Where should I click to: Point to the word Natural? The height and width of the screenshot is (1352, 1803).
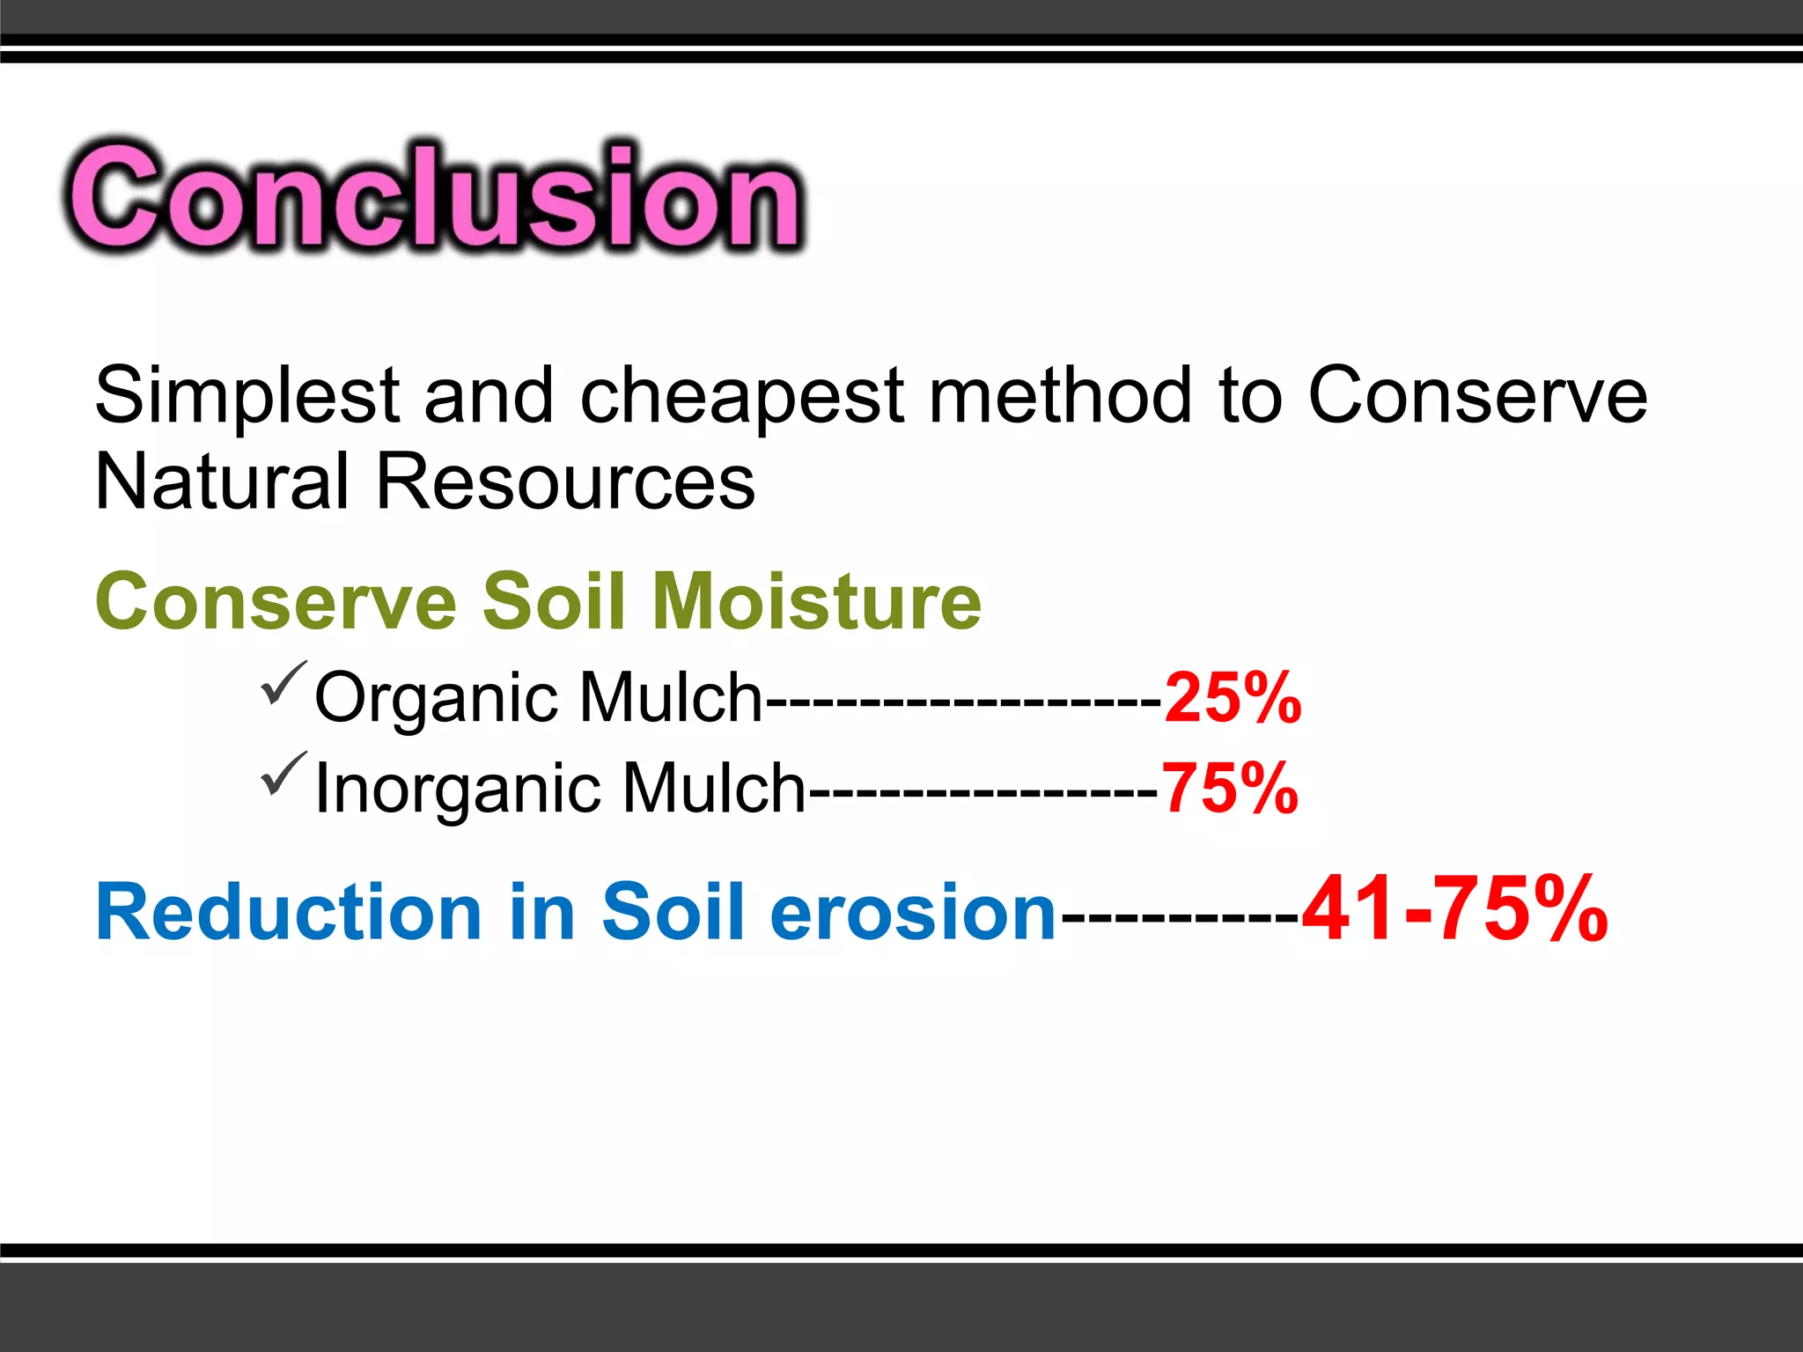click(222, 481)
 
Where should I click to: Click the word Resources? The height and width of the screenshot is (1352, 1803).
click(565, 481)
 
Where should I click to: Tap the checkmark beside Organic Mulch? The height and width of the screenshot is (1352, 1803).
click(283, 684)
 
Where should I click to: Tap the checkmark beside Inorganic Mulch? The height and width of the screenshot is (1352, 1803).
click(283, 775)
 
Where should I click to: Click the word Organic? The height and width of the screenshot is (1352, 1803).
click(437, 698)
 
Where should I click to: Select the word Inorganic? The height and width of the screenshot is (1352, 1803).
click(458, 788)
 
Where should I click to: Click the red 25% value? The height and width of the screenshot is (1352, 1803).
click(1233, 697)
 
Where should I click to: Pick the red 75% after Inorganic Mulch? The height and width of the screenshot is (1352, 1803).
click(1230, 788)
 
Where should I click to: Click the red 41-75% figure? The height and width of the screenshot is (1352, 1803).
click(1454, 909)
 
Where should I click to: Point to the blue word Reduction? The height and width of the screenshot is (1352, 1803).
click(289, 913)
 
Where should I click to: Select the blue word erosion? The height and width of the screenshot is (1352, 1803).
click(913, 913)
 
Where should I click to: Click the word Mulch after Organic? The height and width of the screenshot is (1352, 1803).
click(671, 697)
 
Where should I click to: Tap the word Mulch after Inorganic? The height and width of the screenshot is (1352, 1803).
click(714, 788)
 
